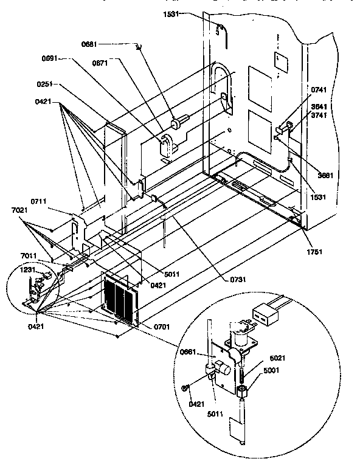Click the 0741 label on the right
click(x=319, y=90)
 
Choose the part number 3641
click(x=319, y=107)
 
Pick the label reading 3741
click(x=319, y=114)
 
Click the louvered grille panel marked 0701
click(x=122, y=299)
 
